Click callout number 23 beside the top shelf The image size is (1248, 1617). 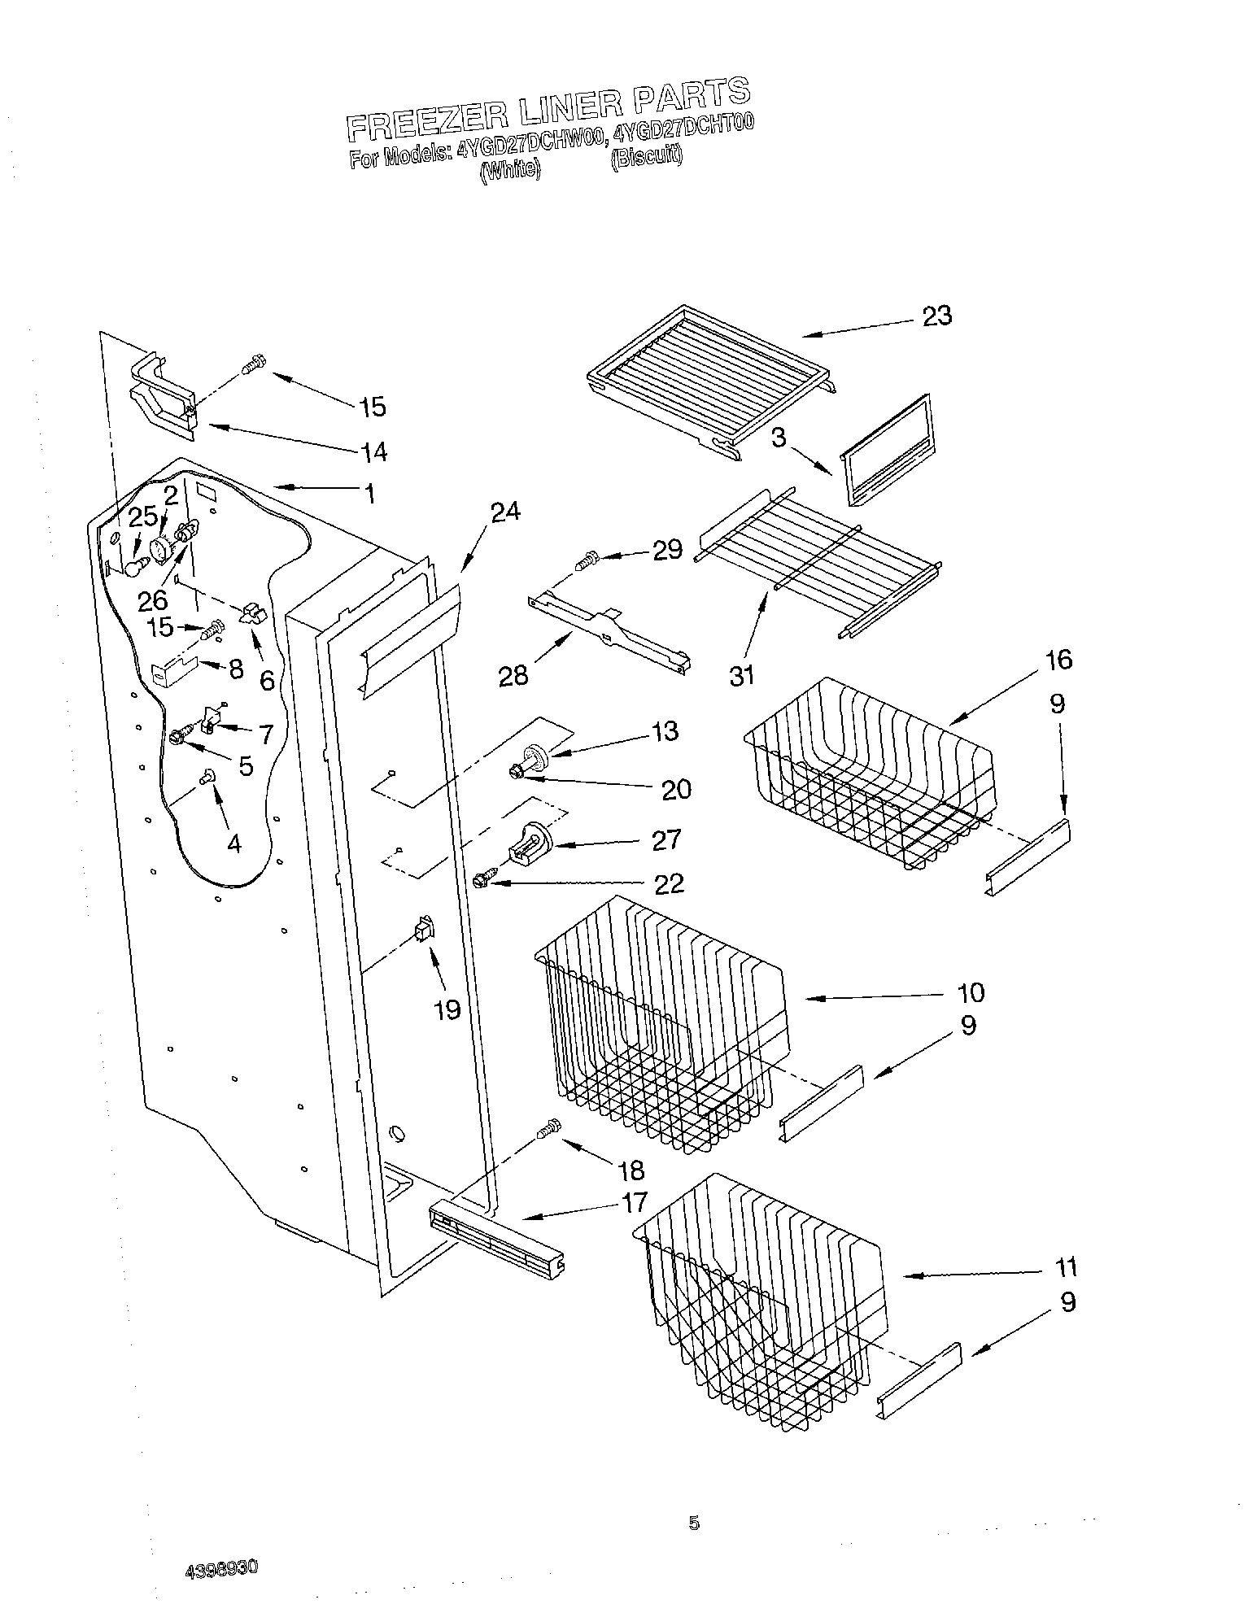[x=937, y=316]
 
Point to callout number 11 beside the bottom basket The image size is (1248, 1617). [x=1065, y=1266]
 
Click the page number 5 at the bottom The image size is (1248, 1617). [x=693, y=1523]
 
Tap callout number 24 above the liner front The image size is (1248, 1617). [x=505, y=512]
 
